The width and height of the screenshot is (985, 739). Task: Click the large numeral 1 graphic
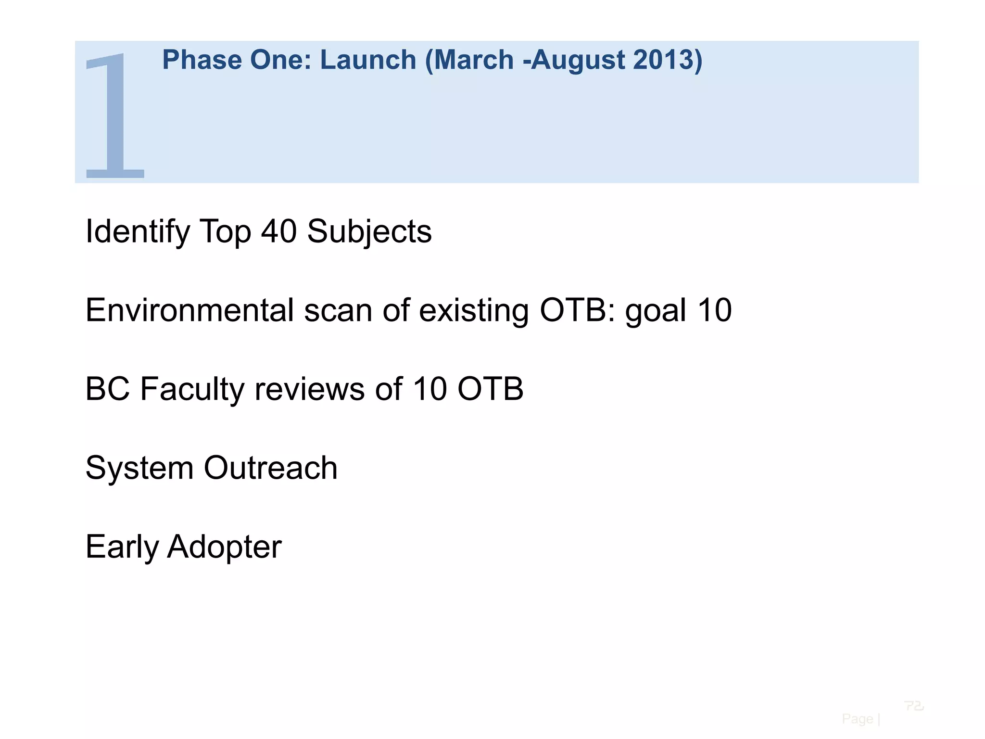pyautogui.click(x=114, y=115)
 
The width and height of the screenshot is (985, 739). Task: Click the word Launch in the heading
pyautogui.click(x=368, y=60)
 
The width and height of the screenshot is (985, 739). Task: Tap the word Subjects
pyautogui.click(x=369, y=232)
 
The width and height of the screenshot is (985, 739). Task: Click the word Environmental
pyautogui.click(x=189, y=310)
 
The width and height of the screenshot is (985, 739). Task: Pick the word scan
pyautogui.click(x=338, y=311)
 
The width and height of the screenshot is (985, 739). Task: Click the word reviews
pyautogui.click(x=309, y=390)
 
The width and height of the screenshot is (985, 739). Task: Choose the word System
pyautogui.click(x=139, y=468)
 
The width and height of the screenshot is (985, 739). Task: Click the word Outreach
pyautogui.click(x=271, y=468)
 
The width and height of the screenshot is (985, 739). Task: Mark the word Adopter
pyautogui.click(x=224, y=548)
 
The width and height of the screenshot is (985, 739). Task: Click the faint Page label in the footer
pyautogui.click(x=858, y=719)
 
